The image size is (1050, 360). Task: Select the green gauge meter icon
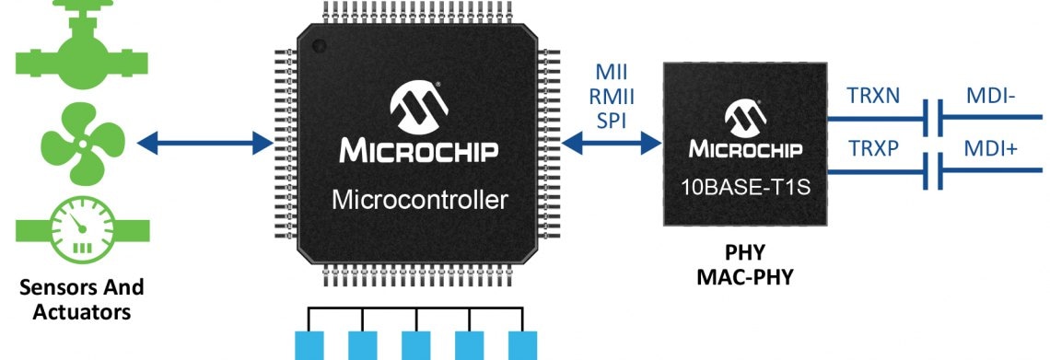point(82,231)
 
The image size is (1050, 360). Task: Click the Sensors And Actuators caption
point(82,299)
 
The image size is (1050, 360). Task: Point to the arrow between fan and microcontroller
point(204,143)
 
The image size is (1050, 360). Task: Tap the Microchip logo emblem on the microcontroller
point(419,106)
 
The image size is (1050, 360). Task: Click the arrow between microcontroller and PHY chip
point(612,143)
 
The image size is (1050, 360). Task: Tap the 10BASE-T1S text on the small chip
point(746,187)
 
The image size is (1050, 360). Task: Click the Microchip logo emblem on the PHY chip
point(745,118)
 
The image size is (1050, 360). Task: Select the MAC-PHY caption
point(744,276)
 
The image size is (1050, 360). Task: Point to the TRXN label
point(873,97)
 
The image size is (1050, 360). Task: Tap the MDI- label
point(990,97)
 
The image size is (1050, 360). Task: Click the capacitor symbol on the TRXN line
point(933,119)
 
